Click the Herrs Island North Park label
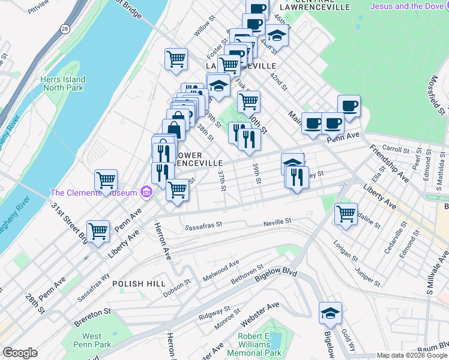coord(63,83)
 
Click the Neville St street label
coord(277,222)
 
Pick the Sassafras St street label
coord(203,227)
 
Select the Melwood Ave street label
coord(221,265)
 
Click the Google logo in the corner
coord(20,353)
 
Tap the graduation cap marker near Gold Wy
coord(330,313)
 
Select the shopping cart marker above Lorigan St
coord(346,214)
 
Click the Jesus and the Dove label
coord(409,7)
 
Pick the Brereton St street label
coord(92,312)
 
